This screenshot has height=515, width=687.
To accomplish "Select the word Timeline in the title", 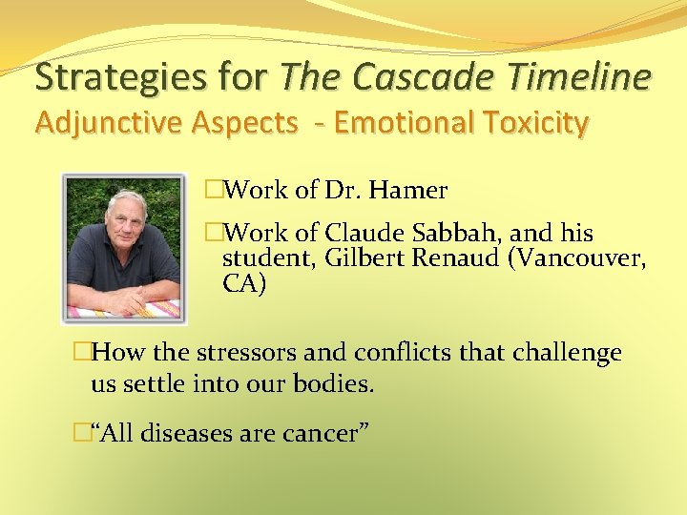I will (x=582, y=76).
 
